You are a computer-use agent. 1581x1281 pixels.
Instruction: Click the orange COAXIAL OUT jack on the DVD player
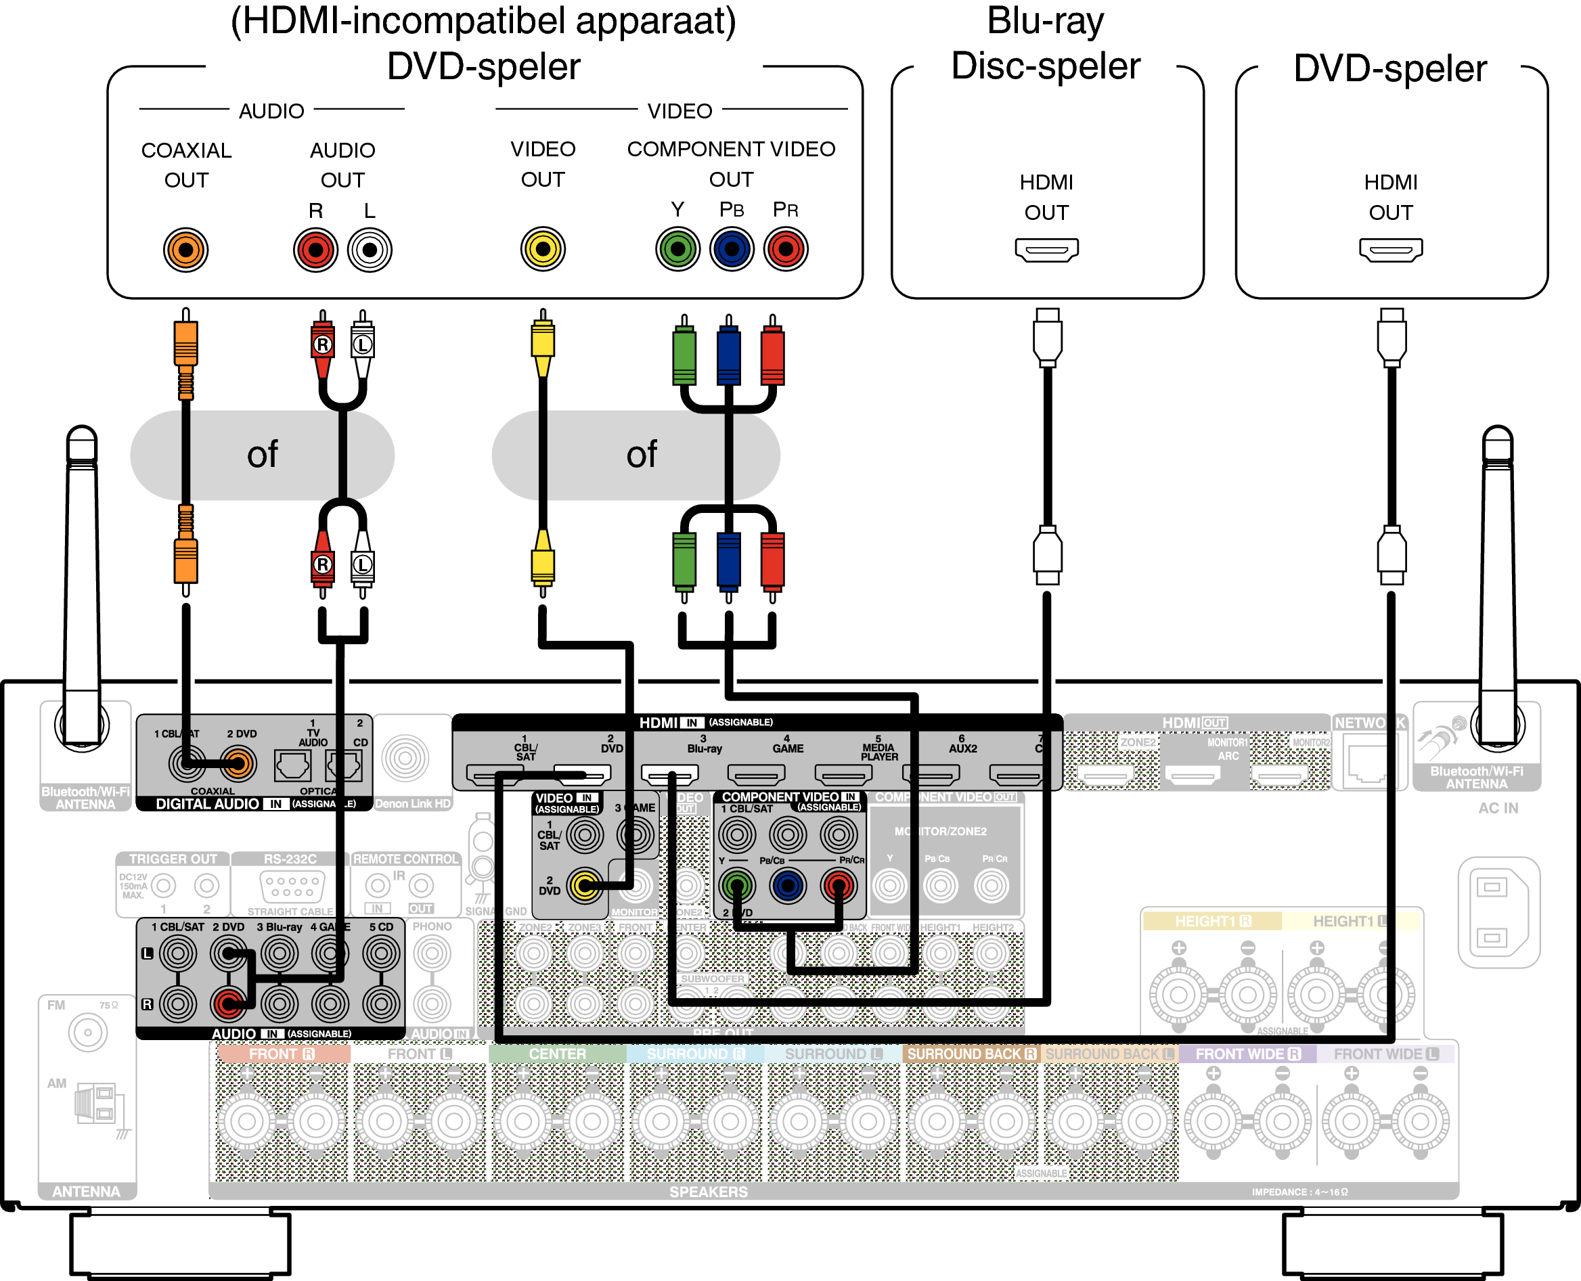click(185, 250)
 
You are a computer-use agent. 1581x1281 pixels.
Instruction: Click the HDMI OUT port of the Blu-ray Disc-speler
click(1046, 250)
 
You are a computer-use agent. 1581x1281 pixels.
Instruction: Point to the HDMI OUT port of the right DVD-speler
click(1390, 250)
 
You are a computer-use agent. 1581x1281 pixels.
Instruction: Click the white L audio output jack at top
click(369, 250)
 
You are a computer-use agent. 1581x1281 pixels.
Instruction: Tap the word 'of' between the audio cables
click(262, 455)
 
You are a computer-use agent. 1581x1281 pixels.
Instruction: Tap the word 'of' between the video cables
click(641, 455)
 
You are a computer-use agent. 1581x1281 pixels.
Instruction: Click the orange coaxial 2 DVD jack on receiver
click(238, 764)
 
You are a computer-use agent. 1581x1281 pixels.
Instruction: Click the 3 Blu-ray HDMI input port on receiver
click(669, 775)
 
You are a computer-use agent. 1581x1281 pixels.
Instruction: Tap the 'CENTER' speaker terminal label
click(556, 1054)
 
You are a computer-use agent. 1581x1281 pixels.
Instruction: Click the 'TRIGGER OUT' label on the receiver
click(173, 859)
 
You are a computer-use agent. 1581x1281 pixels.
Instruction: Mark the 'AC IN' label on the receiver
click(1498, 808)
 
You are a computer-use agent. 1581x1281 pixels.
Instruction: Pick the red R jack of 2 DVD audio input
click(228, 1003)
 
